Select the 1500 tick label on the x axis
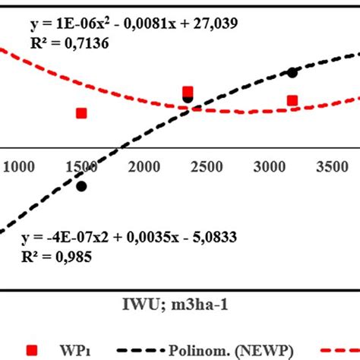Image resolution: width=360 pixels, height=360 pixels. coord(81,167)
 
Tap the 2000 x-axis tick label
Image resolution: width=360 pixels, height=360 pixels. coord(144,167)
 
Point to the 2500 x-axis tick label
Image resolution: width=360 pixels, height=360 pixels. coord(207,167)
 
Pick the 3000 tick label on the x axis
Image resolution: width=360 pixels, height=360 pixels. coord(270,167)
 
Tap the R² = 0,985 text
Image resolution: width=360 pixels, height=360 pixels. coord(57,257)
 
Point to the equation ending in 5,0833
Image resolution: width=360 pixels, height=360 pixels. coord(128,238)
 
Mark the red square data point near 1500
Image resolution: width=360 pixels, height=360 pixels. coord(81,113)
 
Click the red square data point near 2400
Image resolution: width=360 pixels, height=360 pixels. coord(188,93)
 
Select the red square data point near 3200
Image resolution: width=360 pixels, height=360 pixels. coord(292,101)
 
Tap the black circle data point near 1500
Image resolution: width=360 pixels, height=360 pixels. coord(81,186)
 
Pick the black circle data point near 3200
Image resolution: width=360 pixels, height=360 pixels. coord(292,72)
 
